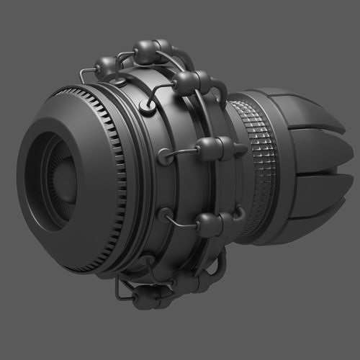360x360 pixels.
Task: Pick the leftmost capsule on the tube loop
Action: click(107, 67)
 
